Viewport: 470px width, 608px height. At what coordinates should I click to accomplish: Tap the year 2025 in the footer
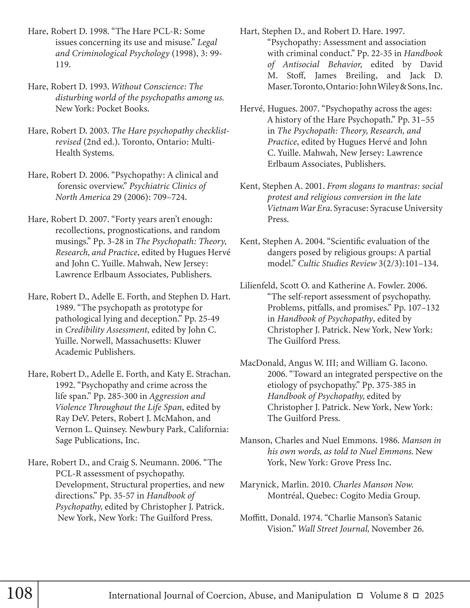(434, 595)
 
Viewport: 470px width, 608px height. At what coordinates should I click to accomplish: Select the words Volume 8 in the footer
(389, 595)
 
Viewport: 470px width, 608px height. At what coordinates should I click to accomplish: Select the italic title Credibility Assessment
(106, 330)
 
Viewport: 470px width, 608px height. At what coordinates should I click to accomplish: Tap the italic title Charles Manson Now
(373, 485)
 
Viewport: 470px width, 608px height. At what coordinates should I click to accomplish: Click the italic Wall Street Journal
(334, 529)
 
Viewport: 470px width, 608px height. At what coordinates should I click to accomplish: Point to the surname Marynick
(259, 485)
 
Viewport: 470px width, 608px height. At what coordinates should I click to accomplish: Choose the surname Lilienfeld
(258, 286)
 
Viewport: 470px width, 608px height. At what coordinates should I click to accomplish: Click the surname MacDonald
(262, 363)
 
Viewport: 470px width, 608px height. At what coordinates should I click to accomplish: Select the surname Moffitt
(253, 518)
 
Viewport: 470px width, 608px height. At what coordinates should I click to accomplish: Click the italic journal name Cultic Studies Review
(337, 263)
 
